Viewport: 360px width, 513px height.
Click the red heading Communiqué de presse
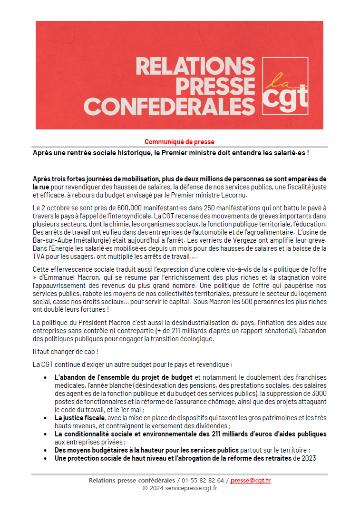coord(179,142)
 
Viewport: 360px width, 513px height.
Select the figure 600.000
coord(120,208)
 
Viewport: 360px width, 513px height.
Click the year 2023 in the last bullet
coord(308,458)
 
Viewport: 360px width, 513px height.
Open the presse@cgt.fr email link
coord(251,481)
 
